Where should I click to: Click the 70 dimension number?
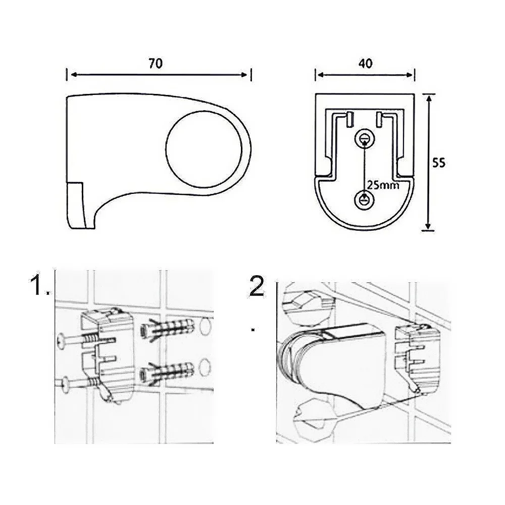(x=156, y=64)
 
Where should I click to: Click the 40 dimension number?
(x=366, y=64)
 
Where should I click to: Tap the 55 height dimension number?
(x=439, y=163)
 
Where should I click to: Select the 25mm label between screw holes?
(x=383, y=185)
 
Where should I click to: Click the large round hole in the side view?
(x=204, y=149)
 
